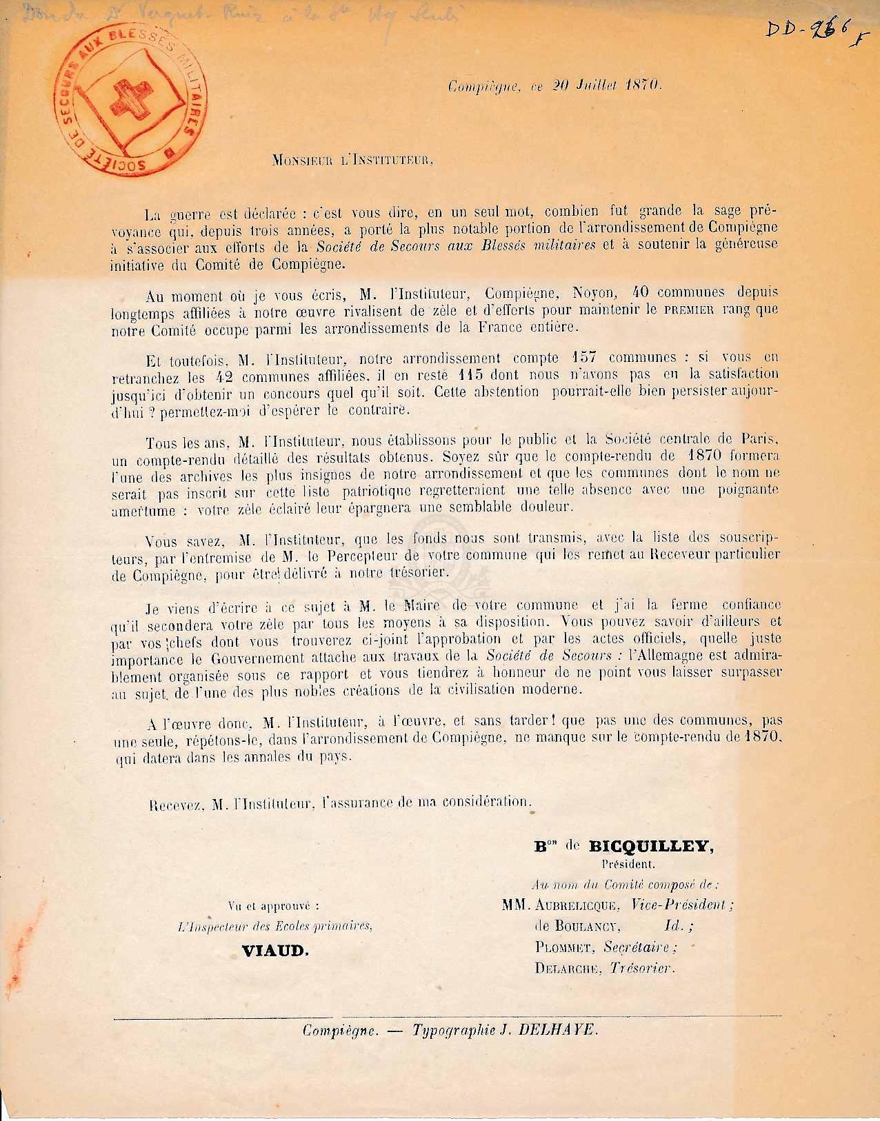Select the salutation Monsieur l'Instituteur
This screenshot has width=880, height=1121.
[x=352, y=161]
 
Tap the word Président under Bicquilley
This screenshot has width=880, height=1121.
[x=628, y=863]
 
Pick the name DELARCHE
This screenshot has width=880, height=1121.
[x=566, y=968]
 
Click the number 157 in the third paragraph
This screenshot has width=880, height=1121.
[x=584, y=358]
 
